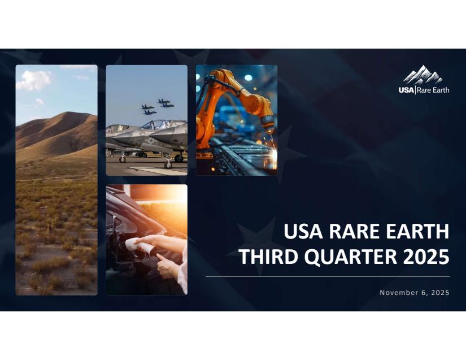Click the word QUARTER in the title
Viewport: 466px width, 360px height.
[350, 257]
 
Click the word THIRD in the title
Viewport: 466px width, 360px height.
[268, 257]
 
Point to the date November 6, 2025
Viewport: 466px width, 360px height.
[415, 293]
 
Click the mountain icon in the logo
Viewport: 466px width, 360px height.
[423, 75]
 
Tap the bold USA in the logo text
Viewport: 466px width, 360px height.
[406, 90]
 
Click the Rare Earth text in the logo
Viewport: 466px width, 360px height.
[433, 90]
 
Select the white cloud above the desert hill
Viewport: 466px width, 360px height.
[33, 80]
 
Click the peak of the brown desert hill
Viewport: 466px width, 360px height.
[69, 112]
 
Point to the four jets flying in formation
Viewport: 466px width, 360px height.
[158, 107]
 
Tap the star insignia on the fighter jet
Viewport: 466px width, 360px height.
[151, 140]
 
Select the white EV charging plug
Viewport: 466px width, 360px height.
[140, 246]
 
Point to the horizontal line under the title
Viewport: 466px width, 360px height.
[328, 276]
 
